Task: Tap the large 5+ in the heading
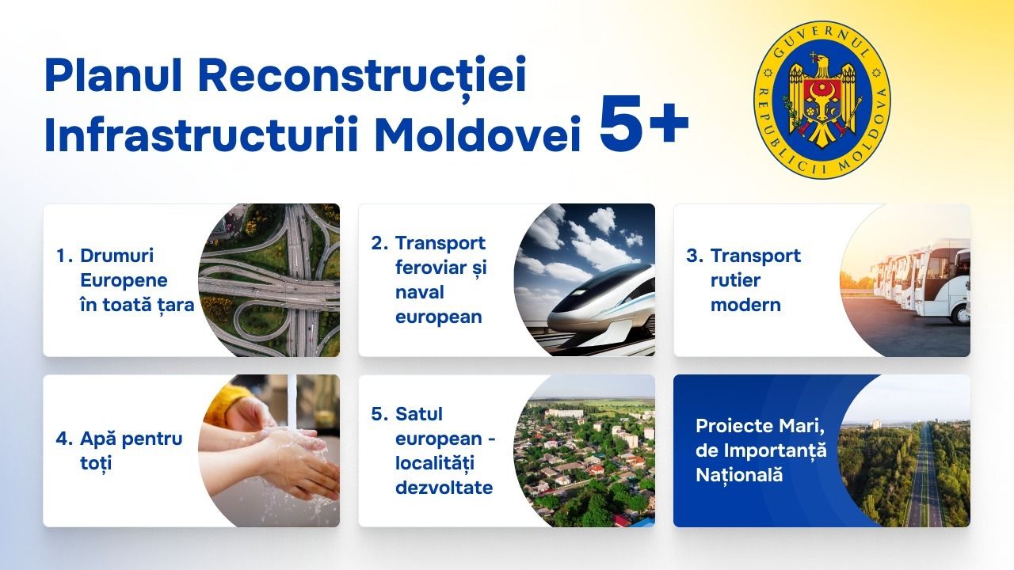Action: pos(644,123)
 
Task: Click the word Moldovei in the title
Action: pos(477,135)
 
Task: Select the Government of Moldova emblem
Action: pos(821,100)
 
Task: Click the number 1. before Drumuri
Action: pos(64,256)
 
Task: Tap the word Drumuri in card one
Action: pos(116,256)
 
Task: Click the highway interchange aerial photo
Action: pos(269,280)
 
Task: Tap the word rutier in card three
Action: pos(735,280)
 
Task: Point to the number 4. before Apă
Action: pos(64,439)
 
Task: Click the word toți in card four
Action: pos(96,463)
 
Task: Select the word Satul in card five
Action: pos(419,414)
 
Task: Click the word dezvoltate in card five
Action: pos(444,488)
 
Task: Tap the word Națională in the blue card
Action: pos(739,475)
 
